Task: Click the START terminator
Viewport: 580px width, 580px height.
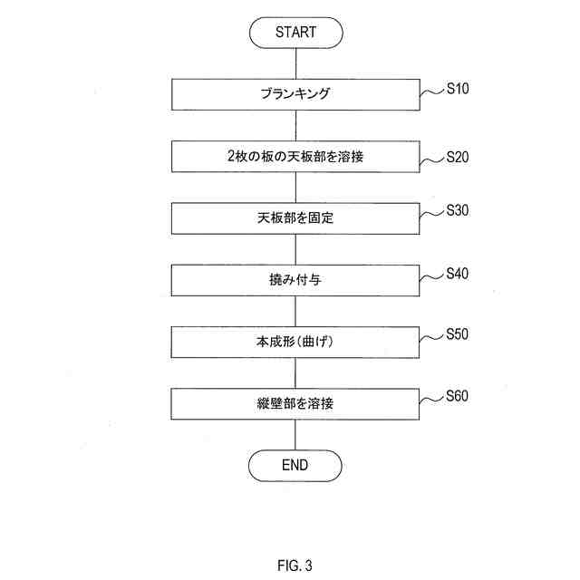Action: pos(295,32)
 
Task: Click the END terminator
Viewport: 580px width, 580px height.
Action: pos(295,465)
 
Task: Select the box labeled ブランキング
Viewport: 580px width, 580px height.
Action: pos(295,94)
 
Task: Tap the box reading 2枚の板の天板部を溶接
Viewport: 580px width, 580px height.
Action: pos(295,157)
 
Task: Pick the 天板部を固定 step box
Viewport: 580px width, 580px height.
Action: pos(295,218)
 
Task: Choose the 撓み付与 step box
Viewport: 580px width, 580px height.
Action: pos(295,280)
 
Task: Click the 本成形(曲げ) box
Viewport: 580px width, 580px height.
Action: pos(295,343)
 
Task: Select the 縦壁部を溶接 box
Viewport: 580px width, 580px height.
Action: pos(295,404)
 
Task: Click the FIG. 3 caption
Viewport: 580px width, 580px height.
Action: pos(295,566)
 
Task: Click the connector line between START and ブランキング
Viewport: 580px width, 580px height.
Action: pos(295,63)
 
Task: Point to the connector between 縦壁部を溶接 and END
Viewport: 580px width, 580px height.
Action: pos(295,435)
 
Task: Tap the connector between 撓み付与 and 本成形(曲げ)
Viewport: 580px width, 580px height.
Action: pos(295,311)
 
